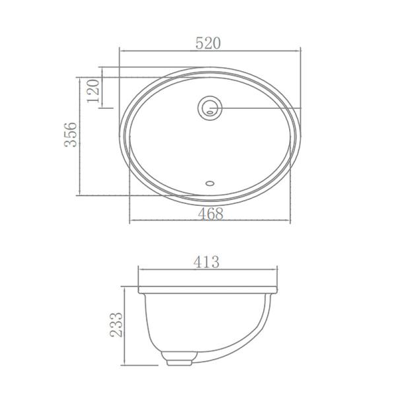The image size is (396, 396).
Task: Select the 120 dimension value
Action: click(93, 90)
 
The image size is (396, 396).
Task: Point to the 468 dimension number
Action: click(209, 214)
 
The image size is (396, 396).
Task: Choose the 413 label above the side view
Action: click(207, 262)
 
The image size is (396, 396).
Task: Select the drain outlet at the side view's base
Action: click(178, 360)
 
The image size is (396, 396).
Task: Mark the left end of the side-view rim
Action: click(138, 291)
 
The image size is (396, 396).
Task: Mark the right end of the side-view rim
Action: click(277, 291)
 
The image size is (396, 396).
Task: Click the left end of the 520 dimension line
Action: click(119, 50)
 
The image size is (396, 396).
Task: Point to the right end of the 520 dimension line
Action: click(301, 50)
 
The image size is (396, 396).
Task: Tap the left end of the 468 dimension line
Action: click(129, 221)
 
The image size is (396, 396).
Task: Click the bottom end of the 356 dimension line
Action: click(81, 195)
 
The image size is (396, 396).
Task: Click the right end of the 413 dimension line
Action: click(277, 269)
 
